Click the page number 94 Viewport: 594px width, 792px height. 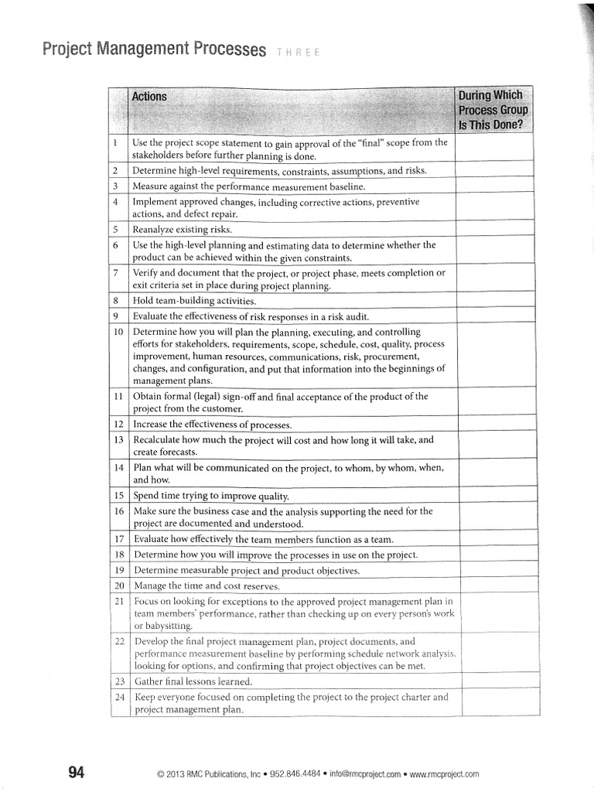(77, 772)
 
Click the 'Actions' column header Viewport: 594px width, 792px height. (149, 97)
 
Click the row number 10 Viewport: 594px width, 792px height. (118, 332)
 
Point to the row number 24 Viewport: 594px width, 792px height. (119, 697)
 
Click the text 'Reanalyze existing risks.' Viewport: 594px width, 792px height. (183, 230)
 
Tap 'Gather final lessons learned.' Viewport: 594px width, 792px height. (193, 681)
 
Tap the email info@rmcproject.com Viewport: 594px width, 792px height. (364, 773)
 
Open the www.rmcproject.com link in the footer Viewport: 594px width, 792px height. (444, 773)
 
